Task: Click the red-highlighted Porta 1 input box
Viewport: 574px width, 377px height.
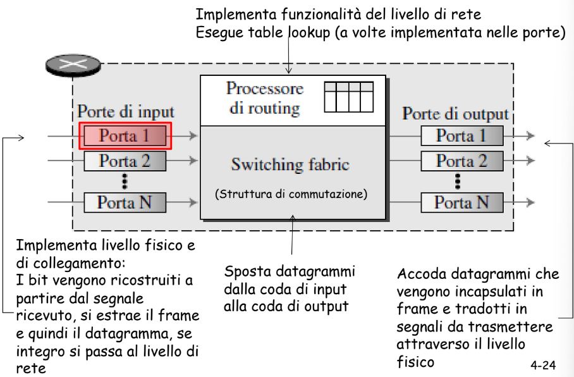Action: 125,136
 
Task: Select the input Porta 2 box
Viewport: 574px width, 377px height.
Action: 125,161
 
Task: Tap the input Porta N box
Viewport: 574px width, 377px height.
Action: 125,202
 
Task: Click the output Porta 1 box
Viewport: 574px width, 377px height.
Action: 462,136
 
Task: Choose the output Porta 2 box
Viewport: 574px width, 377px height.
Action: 462,161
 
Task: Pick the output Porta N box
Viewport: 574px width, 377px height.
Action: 462,202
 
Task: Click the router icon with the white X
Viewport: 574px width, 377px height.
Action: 73,66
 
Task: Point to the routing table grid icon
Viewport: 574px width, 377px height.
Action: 349,97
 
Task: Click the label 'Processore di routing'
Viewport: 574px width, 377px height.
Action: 265,98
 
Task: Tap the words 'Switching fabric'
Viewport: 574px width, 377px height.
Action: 290,164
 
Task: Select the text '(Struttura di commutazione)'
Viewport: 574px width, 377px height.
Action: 291,194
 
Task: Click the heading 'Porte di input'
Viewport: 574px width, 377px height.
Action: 126,112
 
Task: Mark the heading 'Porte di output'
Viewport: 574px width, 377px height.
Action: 455,114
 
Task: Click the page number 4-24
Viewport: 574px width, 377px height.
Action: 543,365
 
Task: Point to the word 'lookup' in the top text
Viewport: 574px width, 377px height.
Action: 309,33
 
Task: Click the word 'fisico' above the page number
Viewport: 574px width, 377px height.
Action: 415,362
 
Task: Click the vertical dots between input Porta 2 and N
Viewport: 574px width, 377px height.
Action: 125,182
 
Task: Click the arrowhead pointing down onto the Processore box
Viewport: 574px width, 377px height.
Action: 288,70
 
